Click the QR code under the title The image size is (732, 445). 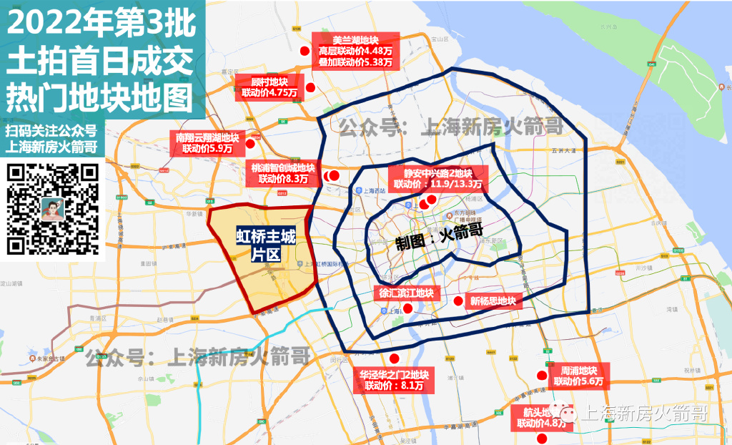pyautogui.click(x=52, y=210)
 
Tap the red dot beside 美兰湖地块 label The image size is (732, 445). pyautogui.click(x=305, y=52)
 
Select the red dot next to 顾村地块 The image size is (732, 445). pyautogui.click(x=311, y=87)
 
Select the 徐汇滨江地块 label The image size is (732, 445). pyautogui.click(x=406, y=293)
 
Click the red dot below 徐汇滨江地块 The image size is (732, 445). pyautogui.click(x=407, y=308)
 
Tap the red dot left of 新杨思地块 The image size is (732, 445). pyautogui.click(x=459, y=300)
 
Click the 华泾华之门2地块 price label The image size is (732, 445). pyautogui.click(x=394, y=380)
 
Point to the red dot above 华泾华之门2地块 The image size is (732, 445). pyautogui.click(x=393, y=360)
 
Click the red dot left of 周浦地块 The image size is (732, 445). pyautogui.click(x=542, y=376)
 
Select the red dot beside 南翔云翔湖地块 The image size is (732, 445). pyautogui.click(x=250, y=143)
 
